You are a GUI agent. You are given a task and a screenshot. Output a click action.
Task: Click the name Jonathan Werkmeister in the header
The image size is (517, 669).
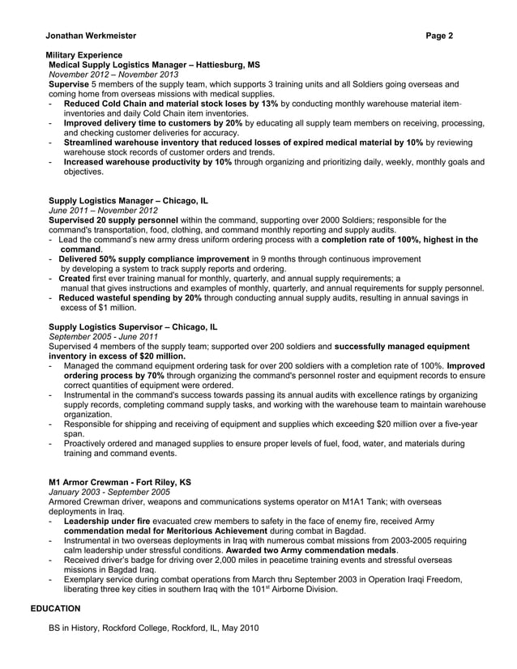pyautogui.click(x=80, y=36)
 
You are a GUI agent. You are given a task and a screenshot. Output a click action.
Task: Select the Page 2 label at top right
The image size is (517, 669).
pyautogui.click(x=439, y=36)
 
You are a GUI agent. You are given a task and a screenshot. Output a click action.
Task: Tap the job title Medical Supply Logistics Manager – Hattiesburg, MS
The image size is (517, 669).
pyautogui.click(x=155, y=63)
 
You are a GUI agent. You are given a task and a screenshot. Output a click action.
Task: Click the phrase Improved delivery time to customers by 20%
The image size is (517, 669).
pyautogui.click(x=153, y=123)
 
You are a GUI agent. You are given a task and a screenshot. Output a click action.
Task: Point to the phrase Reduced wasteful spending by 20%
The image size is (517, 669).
pyautogui.click(x=130, y=297)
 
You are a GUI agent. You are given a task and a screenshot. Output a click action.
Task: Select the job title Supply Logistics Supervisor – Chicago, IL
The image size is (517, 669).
pyautogui.click(x=133, y=327)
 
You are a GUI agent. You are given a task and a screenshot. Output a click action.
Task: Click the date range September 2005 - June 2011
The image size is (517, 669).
pyautogui.click(x=104, y=336)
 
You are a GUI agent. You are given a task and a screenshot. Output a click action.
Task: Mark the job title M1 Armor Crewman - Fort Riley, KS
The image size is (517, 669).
pyautogui.click(x=120, y=482)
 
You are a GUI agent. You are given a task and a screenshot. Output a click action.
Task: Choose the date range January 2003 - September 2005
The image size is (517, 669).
pyautogui.click(x=109, y=492)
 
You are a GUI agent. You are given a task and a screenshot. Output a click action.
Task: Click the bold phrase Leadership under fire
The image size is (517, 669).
pyautogui.click(x=107, y=521)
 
